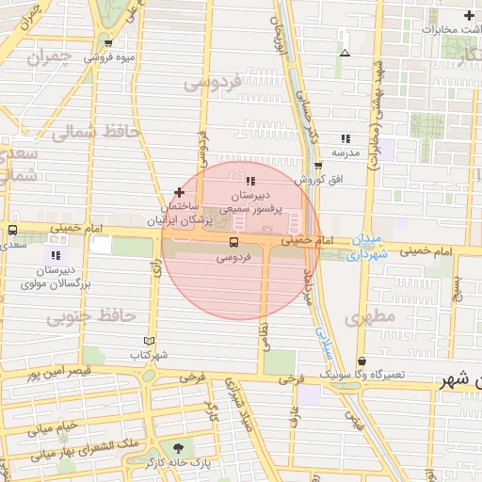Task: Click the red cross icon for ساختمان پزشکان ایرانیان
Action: [x=179, y=192]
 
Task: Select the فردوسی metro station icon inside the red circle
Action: [x=233, y=242]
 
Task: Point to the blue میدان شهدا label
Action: [x=366, y=247]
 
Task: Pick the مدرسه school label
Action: [x=345, y=152]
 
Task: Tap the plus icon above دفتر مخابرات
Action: [x=469, y=16]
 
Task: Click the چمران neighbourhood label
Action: [x=49, y=58]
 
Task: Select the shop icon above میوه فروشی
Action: [x=110, y=43]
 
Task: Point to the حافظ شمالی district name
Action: [x=94, y=132]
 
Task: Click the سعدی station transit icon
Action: [x=12, y=231]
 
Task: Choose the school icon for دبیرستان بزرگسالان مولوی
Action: [x=55, y=254]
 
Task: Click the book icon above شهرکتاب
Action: [x=148, y=341]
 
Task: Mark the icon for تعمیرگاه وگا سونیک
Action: [x=362, y=361]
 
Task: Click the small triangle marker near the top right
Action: [x=345, y=53]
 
